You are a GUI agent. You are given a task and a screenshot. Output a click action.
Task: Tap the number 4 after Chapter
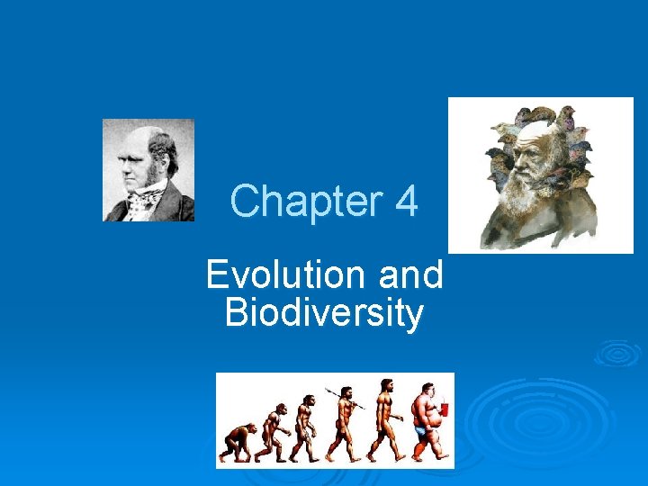[406, 202]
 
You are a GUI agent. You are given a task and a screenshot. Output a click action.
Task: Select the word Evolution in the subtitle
[284, 274]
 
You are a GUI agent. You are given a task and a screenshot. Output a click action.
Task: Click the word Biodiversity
[324, 313]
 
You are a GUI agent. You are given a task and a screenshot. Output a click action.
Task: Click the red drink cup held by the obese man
[443, 410]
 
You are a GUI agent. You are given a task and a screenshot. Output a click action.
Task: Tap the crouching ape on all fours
[238, 440]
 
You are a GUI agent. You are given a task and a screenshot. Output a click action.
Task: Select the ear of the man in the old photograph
[166, 166]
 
